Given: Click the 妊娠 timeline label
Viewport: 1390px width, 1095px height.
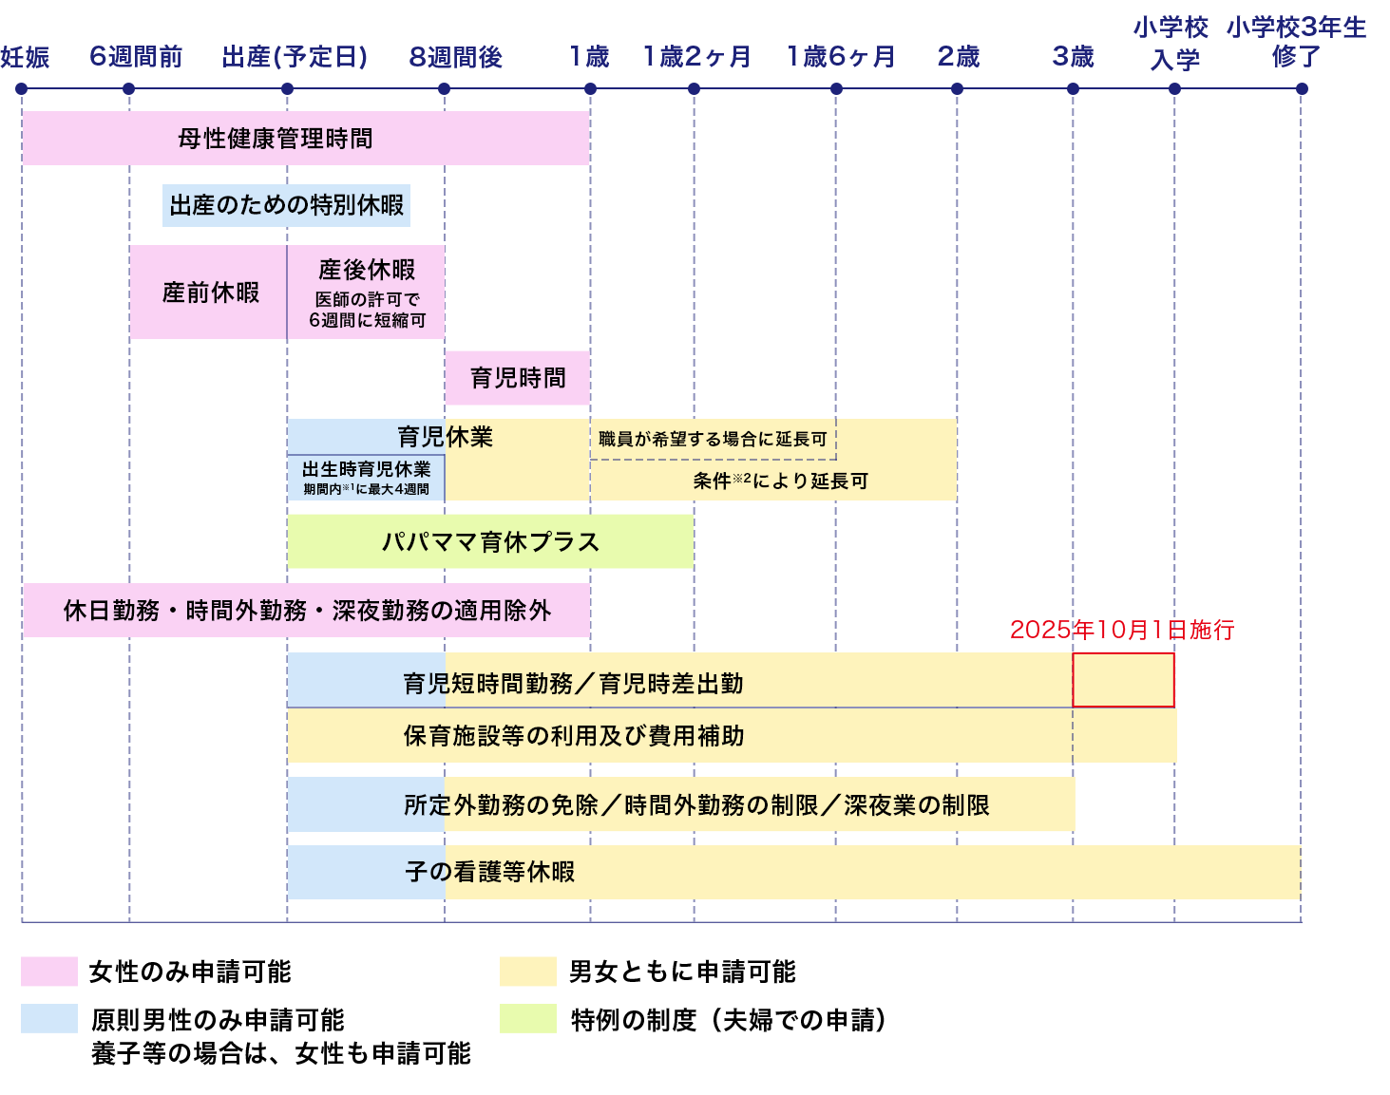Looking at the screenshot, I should point(25,57).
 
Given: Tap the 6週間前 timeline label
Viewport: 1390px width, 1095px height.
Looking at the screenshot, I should point(136,57).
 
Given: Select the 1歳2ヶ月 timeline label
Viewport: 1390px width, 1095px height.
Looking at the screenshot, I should point(696,57).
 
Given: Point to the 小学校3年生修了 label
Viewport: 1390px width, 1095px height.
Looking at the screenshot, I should point(1296,43).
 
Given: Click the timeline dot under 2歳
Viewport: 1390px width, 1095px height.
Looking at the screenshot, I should point(957,89).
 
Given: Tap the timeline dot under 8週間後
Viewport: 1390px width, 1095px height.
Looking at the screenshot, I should point(444,89).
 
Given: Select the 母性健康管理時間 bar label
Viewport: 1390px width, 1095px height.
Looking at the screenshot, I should point(276,139).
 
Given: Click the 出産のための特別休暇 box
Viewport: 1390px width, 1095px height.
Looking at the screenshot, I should point(286,205).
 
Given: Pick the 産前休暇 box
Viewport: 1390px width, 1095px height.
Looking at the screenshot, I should point(209,293).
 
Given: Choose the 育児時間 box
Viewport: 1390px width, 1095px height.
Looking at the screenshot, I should point(518,378).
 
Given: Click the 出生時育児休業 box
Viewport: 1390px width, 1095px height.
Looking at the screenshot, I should point(366,478).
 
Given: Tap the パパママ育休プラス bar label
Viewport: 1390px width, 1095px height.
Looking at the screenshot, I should point(490,542).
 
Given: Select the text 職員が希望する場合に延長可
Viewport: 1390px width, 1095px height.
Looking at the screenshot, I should point(713,439).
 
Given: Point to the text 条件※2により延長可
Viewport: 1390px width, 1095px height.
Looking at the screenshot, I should point(780,481).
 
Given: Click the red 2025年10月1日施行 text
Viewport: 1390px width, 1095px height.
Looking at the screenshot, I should point(1121,630).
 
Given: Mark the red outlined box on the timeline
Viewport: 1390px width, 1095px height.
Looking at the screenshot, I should point(1124,680).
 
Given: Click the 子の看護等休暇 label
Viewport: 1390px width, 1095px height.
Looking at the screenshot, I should point(490,872).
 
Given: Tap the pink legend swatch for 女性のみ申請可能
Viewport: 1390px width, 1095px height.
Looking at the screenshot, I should point(49,972).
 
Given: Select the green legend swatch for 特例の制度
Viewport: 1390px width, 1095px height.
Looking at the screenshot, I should point(527,1019).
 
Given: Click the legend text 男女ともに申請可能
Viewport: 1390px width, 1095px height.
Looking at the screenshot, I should point(682,972).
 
